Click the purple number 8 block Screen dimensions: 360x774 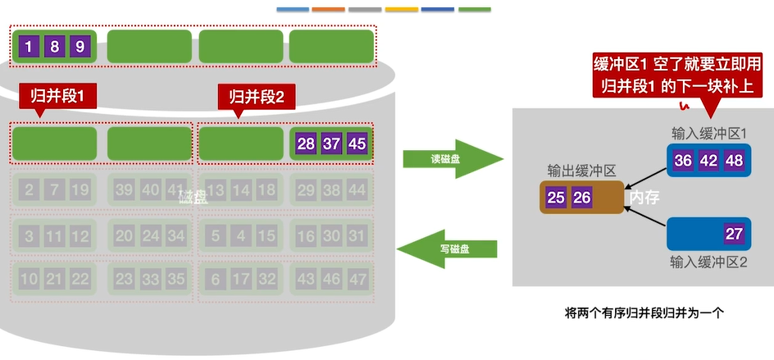tap(54, 47)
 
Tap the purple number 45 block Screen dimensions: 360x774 tap(357, 144)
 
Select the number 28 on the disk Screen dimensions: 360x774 tap(306, 144)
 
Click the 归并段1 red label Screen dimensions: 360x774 tap(57, 97)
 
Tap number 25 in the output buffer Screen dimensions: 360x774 tap(556, 197)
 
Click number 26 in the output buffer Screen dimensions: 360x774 tap(581, 197)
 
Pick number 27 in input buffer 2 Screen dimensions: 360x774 tap(733, 233)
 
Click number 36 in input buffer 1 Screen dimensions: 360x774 tap(683, 160)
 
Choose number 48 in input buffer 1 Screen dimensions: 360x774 tap(734, 160)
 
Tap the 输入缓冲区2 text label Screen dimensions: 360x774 tap(708, 262)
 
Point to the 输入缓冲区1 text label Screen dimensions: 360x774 tap(708, 133)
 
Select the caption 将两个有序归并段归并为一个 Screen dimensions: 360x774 tap(641, 312)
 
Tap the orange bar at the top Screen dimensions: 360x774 tap(329, 10)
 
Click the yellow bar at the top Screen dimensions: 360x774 tap(401, 10)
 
